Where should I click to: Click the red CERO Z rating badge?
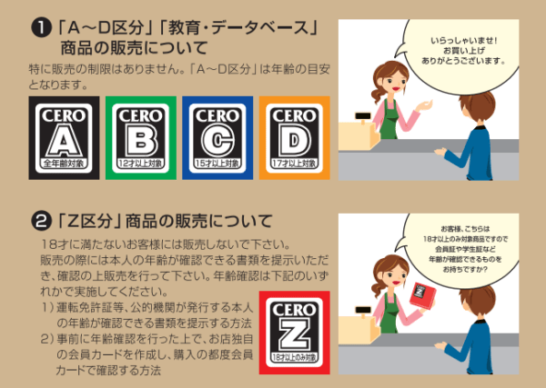(x=293, y=330)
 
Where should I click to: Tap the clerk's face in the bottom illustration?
(x=389, y=276)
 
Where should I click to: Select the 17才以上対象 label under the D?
(x=293, y=164)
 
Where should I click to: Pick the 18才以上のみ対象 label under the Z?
(x=293, y=359)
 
